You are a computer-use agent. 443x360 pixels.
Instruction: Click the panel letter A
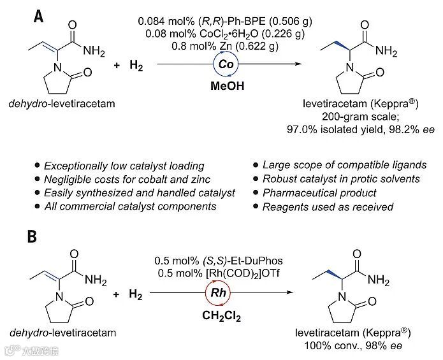(40, 17)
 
